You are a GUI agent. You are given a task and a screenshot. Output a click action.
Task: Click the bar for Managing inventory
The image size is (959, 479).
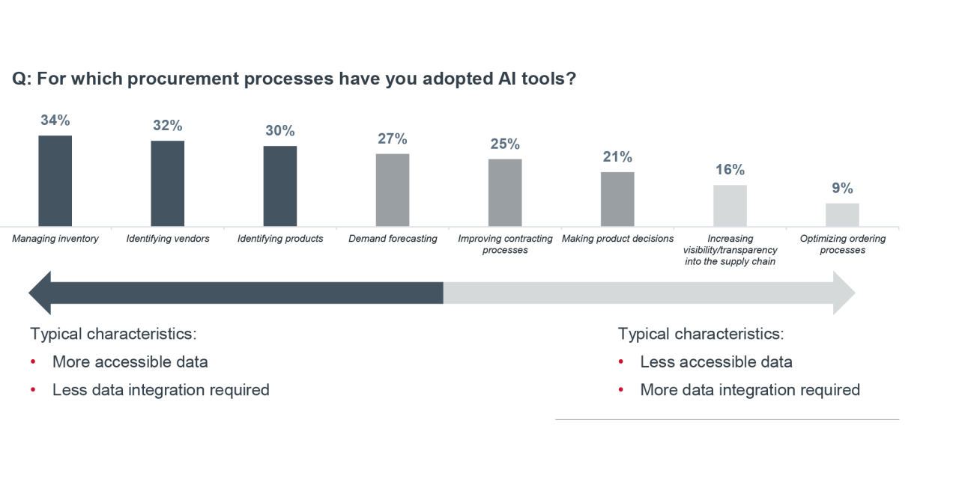pos(55,180)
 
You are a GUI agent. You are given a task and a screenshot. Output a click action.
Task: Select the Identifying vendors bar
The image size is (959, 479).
pos(167,183)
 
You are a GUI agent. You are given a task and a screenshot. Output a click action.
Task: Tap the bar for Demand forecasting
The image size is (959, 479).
pos(392,190)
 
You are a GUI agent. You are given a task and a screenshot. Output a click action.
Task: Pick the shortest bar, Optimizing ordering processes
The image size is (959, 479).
pos(842,215)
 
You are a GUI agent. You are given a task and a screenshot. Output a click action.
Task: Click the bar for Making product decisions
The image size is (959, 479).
pos(617,199)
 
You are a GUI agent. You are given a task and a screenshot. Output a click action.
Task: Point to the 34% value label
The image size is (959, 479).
pos(55,120)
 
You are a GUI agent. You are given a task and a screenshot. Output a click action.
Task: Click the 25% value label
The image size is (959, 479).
pos(505,144)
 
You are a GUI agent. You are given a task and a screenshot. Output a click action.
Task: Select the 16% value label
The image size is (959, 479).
pos(730,170)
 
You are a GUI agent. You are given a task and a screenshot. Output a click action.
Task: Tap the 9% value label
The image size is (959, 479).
pos(842,189)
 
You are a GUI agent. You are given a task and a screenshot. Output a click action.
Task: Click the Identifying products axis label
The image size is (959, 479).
pos(280,239)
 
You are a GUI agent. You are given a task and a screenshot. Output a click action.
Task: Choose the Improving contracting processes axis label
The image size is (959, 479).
pos(505,244)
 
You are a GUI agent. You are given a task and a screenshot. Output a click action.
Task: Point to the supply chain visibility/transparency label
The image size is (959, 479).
pos(730,250)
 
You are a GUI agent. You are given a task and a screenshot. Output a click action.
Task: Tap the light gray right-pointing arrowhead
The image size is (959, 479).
pos(844,293)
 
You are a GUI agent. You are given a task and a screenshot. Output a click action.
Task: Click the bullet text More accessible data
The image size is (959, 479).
pos(130,362)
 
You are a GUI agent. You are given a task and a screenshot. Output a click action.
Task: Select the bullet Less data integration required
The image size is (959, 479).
pos(160,390)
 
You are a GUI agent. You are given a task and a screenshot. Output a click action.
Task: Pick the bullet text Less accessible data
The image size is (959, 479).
pos(716,362)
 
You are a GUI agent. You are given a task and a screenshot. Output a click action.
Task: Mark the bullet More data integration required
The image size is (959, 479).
pos(749,390)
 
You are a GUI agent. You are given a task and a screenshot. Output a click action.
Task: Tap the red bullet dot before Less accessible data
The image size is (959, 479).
pos(621,362)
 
